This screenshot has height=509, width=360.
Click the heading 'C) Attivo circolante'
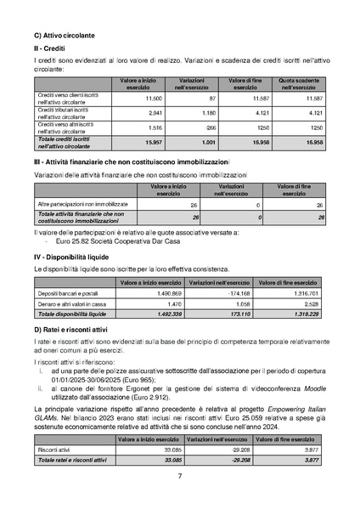click(64, 36)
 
